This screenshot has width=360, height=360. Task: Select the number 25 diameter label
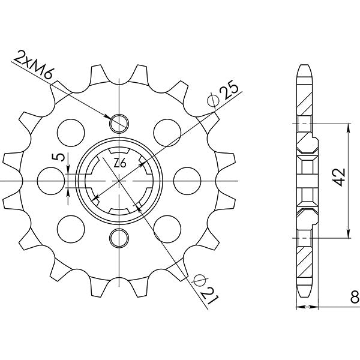[x=229, y=91]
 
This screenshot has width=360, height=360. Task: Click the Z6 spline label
[x=119, y=163]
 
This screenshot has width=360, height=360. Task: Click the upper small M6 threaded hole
[x=119, y=121]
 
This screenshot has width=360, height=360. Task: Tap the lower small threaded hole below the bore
[x=119, y=237]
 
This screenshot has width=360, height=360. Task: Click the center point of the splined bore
[x=119, y=179]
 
